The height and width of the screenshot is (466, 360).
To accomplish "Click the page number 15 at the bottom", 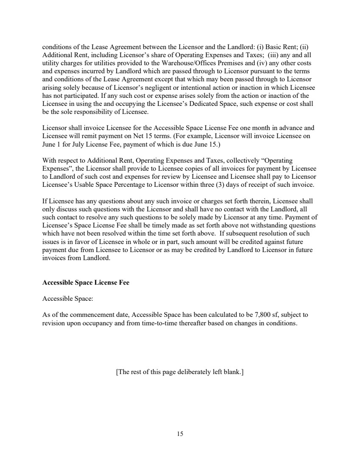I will (180, 433).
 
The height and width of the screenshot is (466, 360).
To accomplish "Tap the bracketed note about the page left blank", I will (180, 372).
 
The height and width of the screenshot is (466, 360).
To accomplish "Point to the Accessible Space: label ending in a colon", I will (67, 299).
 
